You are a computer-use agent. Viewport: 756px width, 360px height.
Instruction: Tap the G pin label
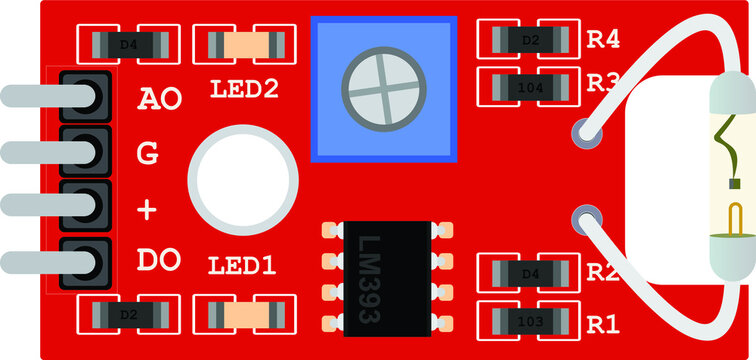pyautogui.click(x=147, y=154)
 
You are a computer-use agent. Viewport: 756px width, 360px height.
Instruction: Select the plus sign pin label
pyautogui.click(x=147, y=210)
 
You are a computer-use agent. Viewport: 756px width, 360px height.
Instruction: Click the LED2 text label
pyautogui.click(x=244, y=89)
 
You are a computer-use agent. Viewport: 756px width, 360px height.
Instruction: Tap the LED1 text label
pyautogui.click(x=244, y=267)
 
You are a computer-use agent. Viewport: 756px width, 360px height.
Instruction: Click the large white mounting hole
pyautogui.click(x=243, y=178)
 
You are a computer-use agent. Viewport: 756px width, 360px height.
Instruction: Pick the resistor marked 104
pyautogui.click(x=530, y=87)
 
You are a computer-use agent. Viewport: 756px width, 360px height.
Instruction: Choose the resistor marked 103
pyautogui.click(x=530, y=322)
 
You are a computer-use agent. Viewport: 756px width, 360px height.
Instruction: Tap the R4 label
pyautogui.click(x=603, y=40)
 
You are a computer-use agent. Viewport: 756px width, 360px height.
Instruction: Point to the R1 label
pyautogui.click(x=603, y=325)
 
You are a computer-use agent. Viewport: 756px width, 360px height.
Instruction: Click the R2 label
pyautogui.click(x=601, y=272)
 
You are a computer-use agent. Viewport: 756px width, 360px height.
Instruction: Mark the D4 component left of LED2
pyautogui.click(x=128, y=44)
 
